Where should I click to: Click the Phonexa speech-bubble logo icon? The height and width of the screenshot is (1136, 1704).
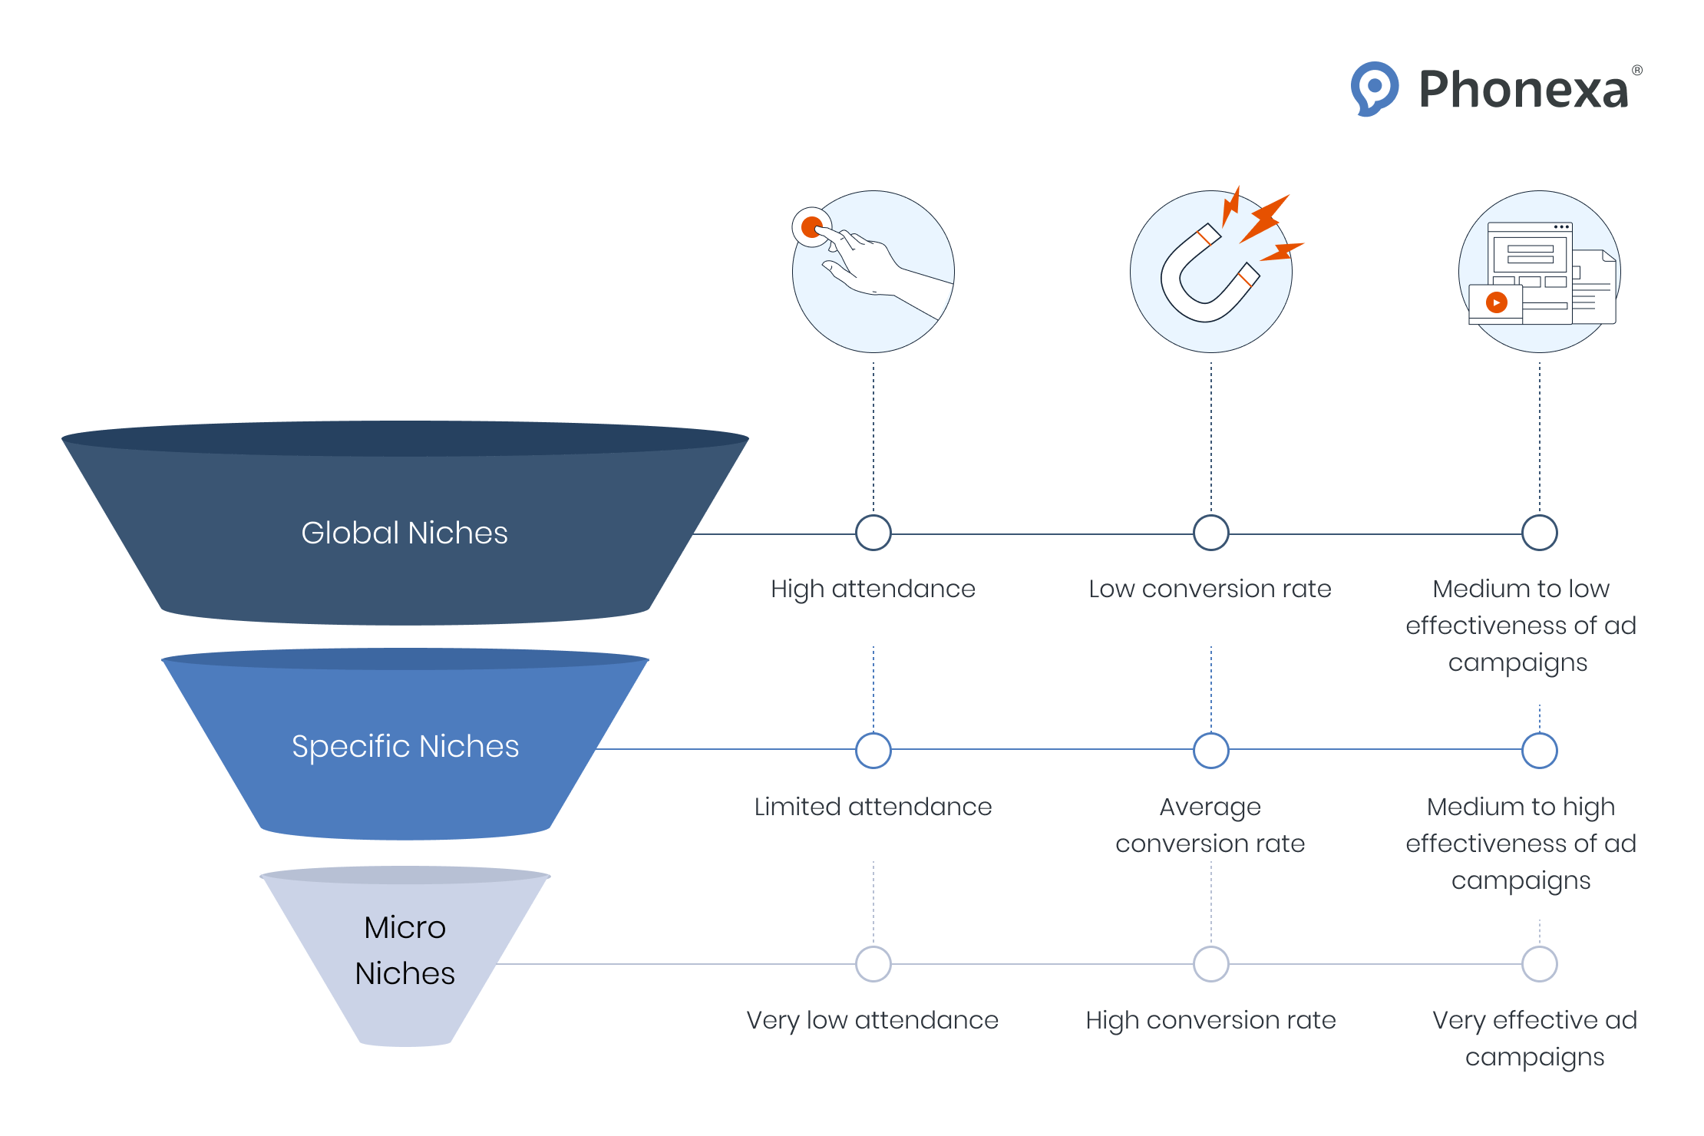[1374, 88]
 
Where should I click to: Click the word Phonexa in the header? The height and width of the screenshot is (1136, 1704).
[1524, 90]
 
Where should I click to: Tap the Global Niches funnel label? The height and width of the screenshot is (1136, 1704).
[405, 533]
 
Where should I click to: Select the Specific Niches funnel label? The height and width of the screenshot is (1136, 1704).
[405, 746]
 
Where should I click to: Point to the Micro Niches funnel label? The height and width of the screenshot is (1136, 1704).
[405, 950]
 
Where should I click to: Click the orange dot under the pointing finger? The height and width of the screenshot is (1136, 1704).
[811, 227]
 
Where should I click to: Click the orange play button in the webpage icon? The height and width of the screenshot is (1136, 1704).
[1496, 302]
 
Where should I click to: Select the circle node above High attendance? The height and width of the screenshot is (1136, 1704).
[873, 533]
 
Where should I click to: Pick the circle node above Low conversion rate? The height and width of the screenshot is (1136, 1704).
[1211, 533]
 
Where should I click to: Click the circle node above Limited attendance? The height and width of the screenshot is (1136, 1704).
[873, 750]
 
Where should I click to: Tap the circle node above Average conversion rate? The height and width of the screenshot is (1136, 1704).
[1211, 750]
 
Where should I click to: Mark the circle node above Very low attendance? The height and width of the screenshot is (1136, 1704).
[873, 964]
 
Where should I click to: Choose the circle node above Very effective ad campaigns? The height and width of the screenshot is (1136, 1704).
[1540, 964]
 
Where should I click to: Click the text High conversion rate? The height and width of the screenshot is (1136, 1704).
[1210, 1020]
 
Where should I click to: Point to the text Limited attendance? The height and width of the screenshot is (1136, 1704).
[873, 807]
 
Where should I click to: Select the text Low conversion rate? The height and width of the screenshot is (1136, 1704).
[1210, 589]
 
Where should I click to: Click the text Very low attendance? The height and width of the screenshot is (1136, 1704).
[873, 1020]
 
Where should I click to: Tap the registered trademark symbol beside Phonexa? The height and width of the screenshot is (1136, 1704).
[1637, 71]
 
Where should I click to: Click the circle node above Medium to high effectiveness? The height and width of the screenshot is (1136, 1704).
[1540, 750]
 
